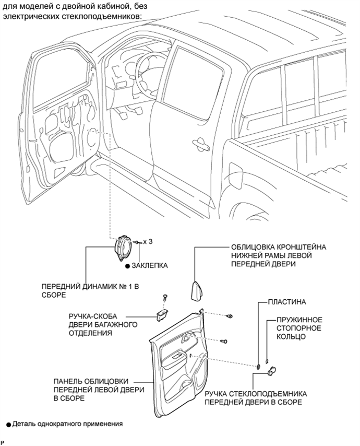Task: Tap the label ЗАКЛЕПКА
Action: point(149,265)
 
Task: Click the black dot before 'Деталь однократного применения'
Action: point(8,424)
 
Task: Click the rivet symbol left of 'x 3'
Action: point(136,242)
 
